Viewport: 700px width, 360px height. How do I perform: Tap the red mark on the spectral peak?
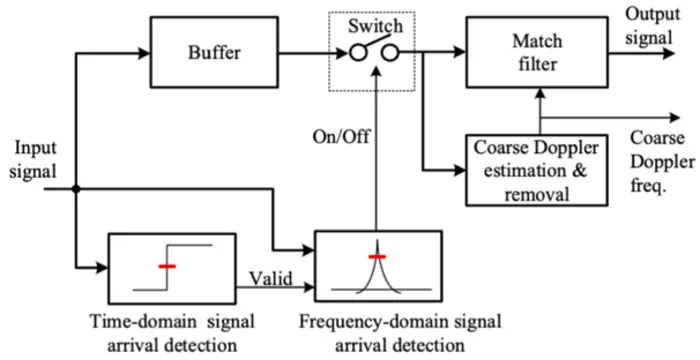click(x=376, y=257)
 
